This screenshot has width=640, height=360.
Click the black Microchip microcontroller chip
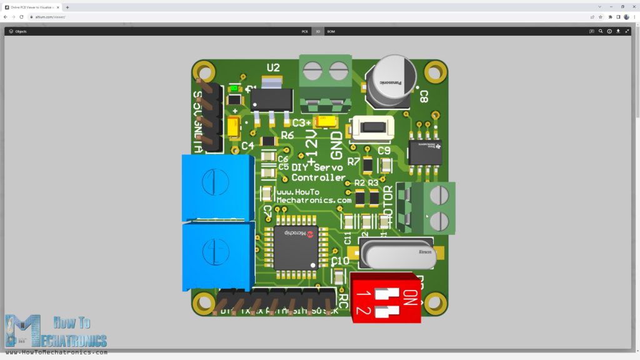tap(296, 247)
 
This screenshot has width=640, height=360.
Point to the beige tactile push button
tap(372, 127)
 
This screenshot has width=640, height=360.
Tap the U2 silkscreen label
tap(273, 67)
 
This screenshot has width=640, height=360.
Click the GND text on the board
tap(336, 145)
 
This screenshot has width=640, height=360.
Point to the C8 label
tap(423, 96)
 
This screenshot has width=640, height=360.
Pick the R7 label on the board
tap(354, 161)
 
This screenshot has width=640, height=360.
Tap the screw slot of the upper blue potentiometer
tap(214, 181)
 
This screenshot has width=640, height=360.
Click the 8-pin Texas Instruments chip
tap(425, 152)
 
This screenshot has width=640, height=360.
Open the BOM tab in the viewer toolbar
tap(331, 31)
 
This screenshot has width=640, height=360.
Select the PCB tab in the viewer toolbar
tap(304, 31)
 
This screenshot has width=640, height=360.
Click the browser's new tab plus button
tap(67, 7)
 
